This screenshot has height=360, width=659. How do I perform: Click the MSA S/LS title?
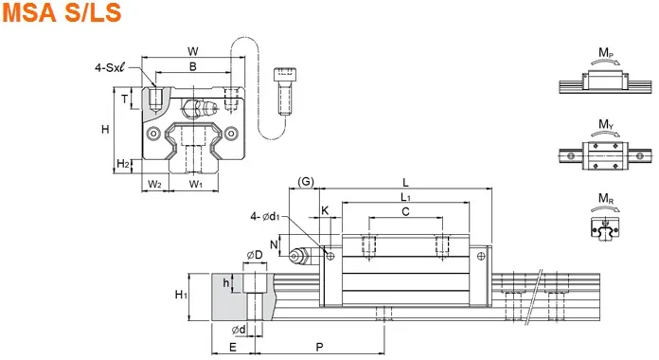62,11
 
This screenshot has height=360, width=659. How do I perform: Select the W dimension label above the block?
193,51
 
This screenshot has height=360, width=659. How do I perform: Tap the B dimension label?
193,66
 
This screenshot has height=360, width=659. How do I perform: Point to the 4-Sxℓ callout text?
111,67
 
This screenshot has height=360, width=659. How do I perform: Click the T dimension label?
124,99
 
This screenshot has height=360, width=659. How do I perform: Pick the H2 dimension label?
123,164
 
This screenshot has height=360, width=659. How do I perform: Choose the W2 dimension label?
154,184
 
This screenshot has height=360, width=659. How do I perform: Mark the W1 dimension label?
196,184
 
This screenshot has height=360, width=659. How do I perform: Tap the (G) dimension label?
306,181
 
